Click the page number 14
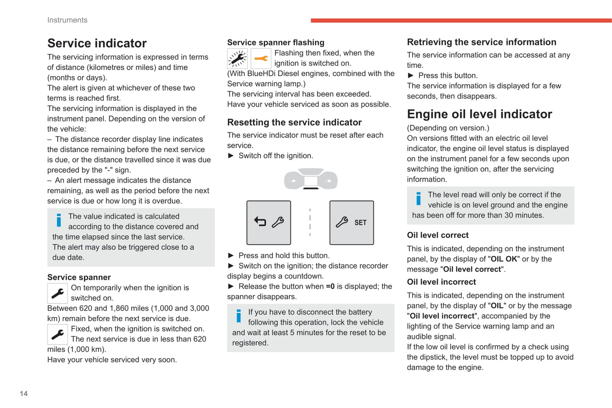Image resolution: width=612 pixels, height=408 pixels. pyautogui.click(x=24, y=394)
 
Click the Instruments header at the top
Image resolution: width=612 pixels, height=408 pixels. pyautogui.click(x=67, y=20)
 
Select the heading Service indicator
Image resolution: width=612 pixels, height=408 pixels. pyautogui.click(x=97, y=43)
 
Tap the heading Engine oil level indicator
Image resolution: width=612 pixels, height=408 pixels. pyautogui.click(x=479, y=114)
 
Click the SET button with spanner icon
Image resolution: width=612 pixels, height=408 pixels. pyautogui.click(x=352, y=223)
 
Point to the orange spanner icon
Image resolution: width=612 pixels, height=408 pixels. pyautogui.click(x=261, y=59)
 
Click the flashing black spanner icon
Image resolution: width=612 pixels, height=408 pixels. pyautogui.click(x=237, y=59)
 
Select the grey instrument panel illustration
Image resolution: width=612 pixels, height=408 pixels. pyautogui.click(x=310, y=179)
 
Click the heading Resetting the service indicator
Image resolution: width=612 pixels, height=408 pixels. pyautogui.click(x=294, y=122)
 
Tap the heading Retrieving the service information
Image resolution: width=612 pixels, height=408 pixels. pyautogui.click(x=482, y=42)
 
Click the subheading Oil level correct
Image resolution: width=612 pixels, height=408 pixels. pyautogui.click(x=438, y=235)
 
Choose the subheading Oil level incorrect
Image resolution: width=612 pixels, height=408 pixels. pyautogui.click(x=441, y=282)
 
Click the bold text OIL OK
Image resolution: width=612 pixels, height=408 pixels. pyautogui.click(x=504, y=259)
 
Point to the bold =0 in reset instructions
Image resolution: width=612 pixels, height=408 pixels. pyautogui.click(x=330, y=287)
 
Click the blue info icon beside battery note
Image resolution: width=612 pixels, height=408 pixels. pyautogui.click(x=238, y=316)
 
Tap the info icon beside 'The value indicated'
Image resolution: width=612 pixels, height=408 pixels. pyautogui.click(x=59, y=220)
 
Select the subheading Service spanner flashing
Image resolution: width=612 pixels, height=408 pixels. pyautogui.click(x=276, y=42)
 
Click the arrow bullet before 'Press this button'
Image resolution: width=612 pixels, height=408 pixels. pyautogui.click(x=410, y=76)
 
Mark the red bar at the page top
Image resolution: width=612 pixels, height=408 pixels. pyautogui.click(x=461, y=20)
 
